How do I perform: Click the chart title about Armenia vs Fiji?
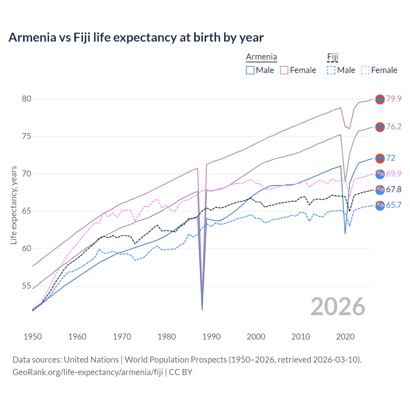pos(136,37)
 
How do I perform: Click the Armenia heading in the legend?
pos(261,57)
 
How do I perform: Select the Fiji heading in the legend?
pos(332,57)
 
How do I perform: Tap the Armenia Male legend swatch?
pos(250,70)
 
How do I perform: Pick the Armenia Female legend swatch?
pos(284,70)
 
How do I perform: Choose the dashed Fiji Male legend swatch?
pos(331,70)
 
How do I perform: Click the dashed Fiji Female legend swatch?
pos(365,70)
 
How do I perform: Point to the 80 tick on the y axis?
pos(27,99)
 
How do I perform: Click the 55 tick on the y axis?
pos(27,286)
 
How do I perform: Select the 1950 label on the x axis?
pos(33,337)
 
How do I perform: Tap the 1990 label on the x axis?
pos(211,337)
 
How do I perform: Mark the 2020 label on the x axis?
pos(345,337)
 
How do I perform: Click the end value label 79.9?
pos(394,99)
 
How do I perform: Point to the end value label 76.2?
pos(394,127)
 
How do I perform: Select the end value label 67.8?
pos(394,190)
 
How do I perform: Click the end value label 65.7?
pos(394,205)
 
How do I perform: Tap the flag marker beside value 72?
pos(380,158)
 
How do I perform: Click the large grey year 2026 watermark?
pos(338,307)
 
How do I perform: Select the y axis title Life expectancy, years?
pos(13,205)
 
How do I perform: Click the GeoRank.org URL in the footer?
pos(87,372)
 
